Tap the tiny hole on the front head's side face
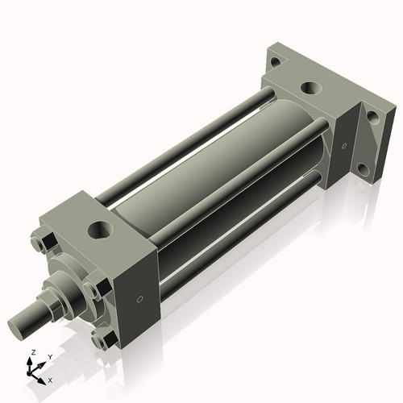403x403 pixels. pyautogui.click(x=140, y=300)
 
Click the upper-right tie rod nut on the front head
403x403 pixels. pyautogui.click(x=100, y=286)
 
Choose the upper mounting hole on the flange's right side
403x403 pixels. pyautogui.click(x=372, y=117)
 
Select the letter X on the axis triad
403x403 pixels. pyautogui.click(x=51, y=379)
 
